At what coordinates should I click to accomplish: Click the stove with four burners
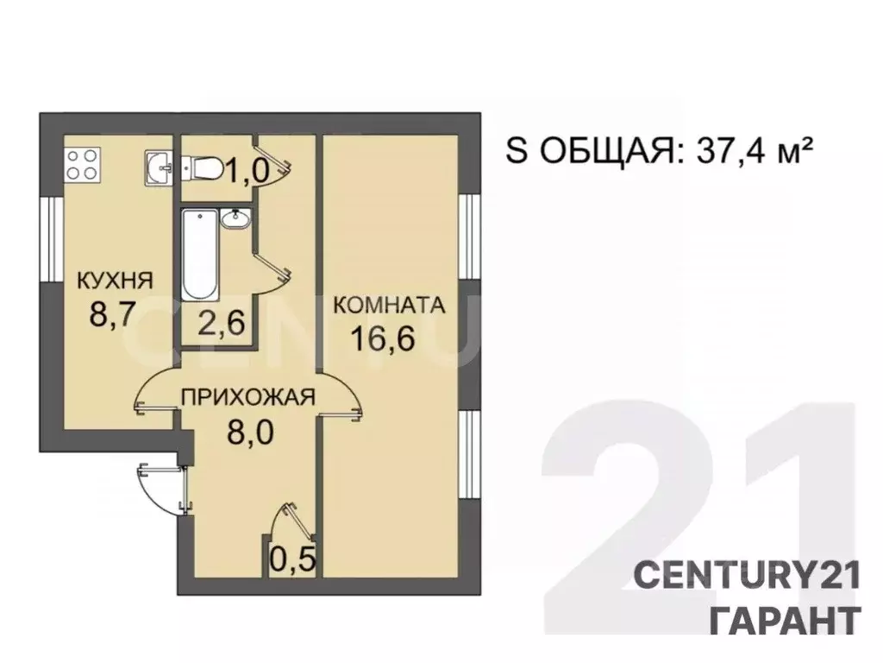pyautogui.click(x=83, y=164)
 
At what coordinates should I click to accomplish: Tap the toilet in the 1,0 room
pyautogui.click(x=200, y=167)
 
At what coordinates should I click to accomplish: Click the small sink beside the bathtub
pyautogui.click(x=235, y=220)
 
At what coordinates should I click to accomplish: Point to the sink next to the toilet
pyautogui.click(x=159, y=167)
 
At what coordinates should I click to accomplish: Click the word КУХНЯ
pyautogui.click(x=115, y=280)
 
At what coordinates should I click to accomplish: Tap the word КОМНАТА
pyautogui.click(x=388, y=305)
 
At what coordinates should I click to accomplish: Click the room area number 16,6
pyautogui.click(x=384, y=338)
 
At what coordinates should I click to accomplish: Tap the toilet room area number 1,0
pyautogui.click(x=247, y=172)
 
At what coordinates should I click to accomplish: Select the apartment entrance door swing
pyautogui.click(x=160, y=488)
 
